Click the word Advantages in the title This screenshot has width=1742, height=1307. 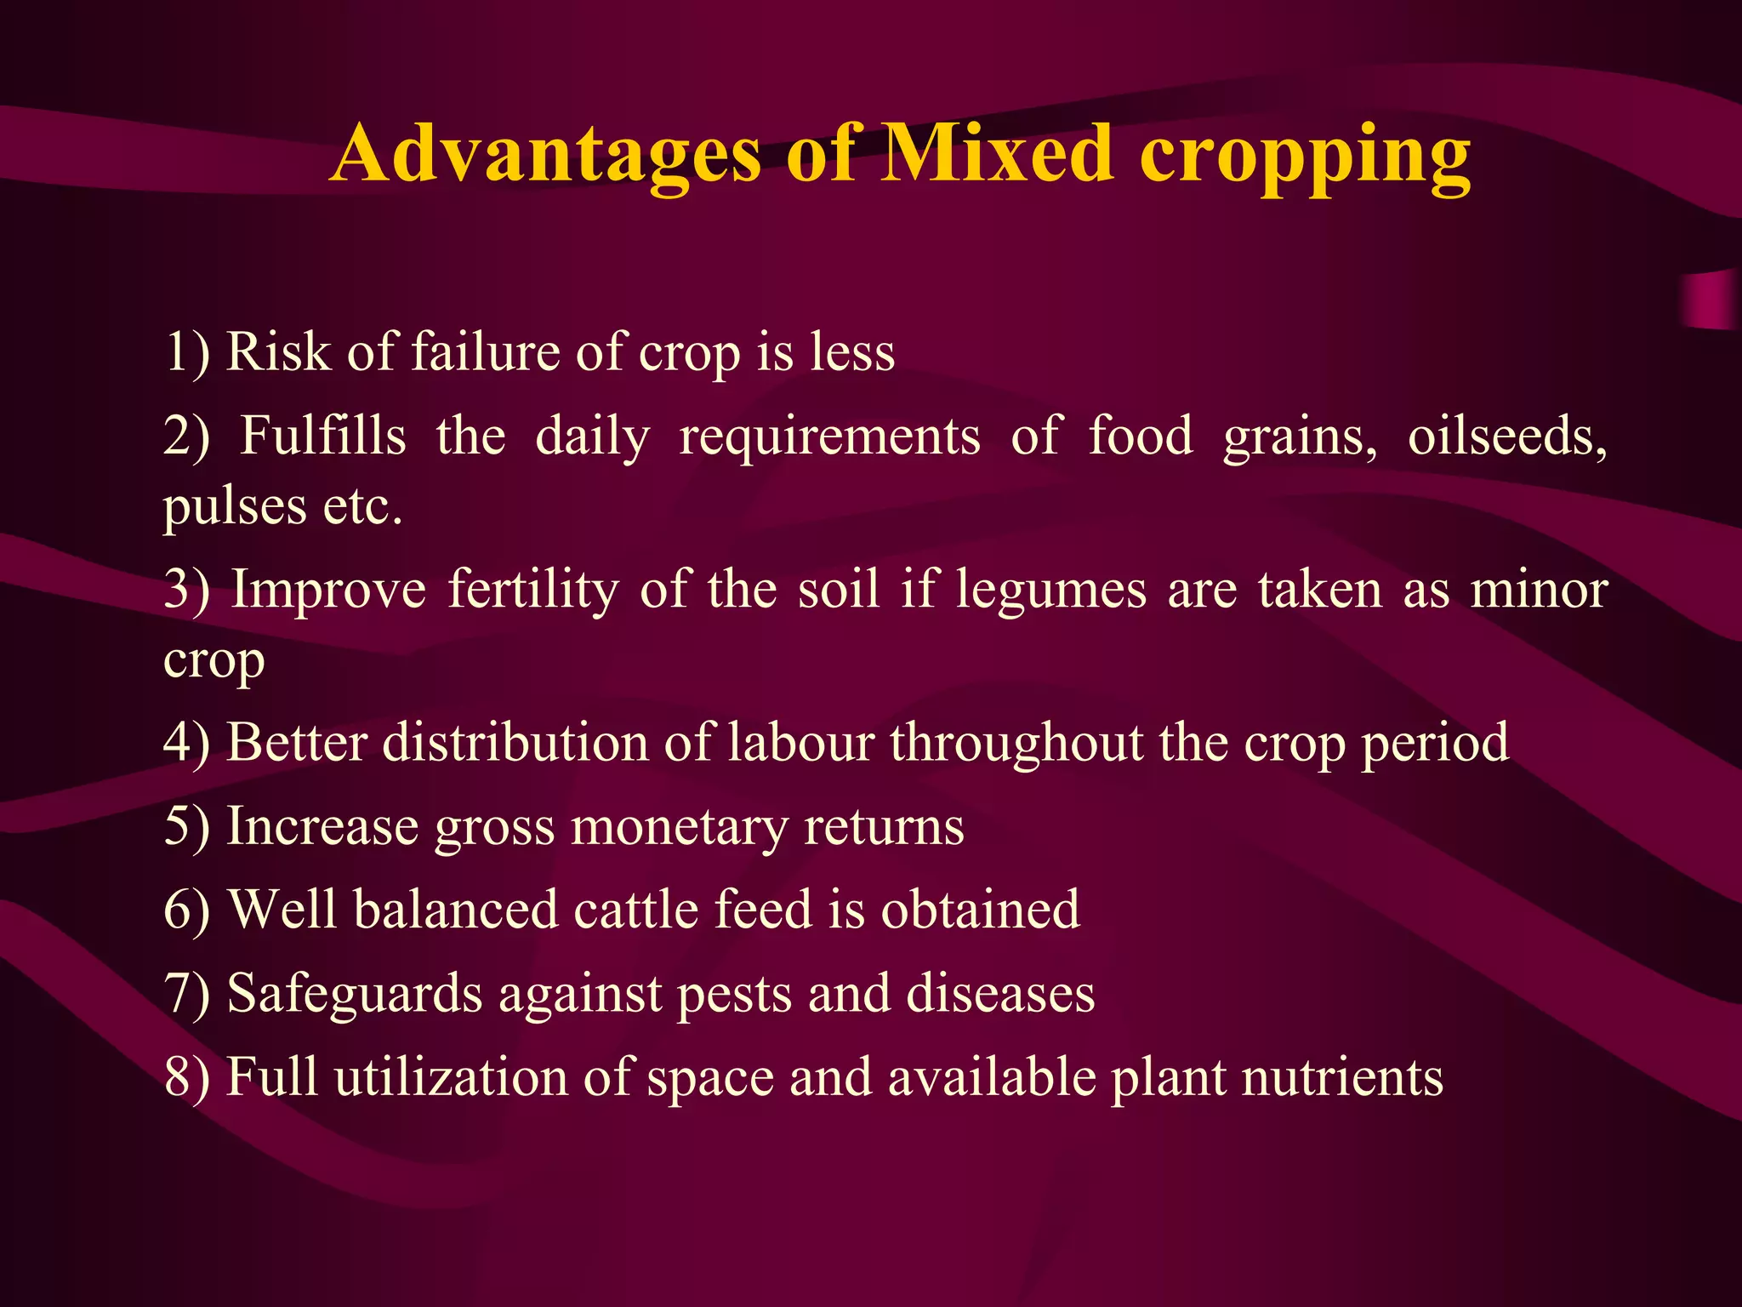tap(544, 155)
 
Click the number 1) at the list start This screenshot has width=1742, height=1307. tap(186, 352)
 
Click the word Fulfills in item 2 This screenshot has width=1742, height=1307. tap(323, 436)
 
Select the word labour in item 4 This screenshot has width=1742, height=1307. tap(800, 742)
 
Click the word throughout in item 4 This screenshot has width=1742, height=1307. tap(1017, 744)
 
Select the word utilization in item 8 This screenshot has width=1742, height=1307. tap(451, 1077)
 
